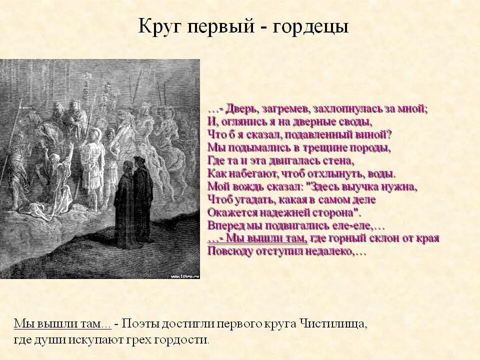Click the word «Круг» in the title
pyautogui.click(x=159, y=26)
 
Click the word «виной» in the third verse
pyautogui.click(x=372, y=135)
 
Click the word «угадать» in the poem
pyautogui.click(x=257, y=200)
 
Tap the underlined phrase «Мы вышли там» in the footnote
pyautogui.click(x=57, y=324)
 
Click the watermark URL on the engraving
pyautogui.click(x=185, y=275)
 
